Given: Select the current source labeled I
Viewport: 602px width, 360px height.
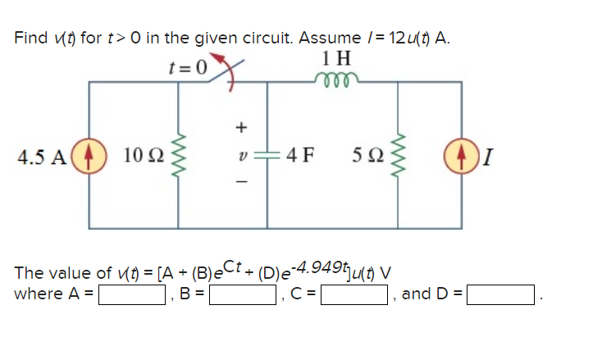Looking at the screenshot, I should point(457,155).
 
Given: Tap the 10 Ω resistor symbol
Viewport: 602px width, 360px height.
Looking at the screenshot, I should point(170,155).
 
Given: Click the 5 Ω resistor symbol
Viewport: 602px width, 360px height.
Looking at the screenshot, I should point(399,155).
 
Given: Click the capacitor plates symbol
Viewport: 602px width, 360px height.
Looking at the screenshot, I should point(270,155).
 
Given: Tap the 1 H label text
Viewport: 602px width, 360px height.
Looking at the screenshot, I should point(336,59).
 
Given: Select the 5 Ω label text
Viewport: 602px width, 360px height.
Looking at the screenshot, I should point(367,155).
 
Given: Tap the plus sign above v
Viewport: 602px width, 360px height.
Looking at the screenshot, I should point(240,127).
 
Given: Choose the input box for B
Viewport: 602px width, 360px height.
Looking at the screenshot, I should point(243,294).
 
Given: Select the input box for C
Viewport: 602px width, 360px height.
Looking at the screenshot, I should point(354,294).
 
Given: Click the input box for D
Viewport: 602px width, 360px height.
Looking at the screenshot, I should point(500,294).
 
